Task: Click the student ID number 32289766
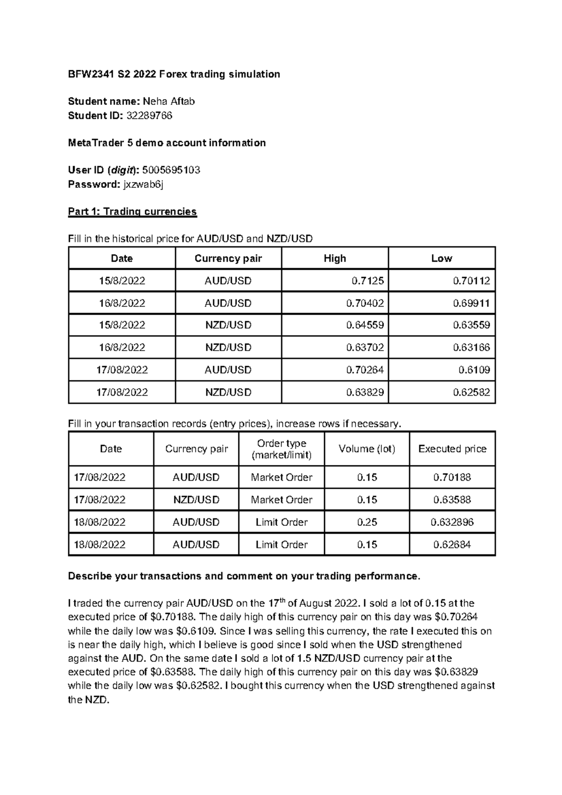point(149,116)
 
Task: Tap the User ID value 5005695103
point(171,170)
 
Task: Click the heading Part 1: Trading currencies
point(132,212)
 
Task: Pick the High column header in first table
point(335,258)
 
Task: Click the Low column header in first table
point(442,258)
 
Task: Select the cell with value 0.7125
point(368,281)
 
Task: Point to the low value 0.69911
point(471,303)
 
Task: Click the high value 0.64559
point(365,325)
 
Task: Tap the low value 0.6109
point(474,370)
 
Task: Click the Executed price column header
point(452,449)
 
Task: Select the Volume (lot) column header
point(367,449)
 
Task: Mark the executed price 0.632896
point(452,522)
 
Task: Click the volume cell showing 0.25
point(367,522)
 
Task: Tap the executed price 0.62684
point(452,545)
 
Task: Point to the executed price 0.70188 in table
point(452,478)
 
